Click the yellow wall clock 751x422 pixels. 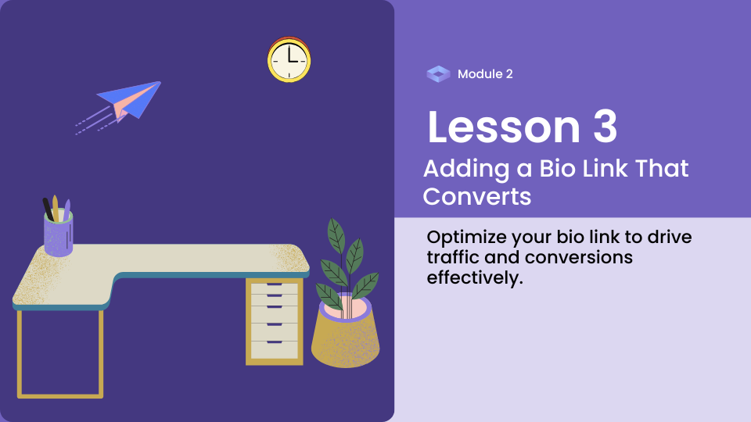pyautogui.click(x=289, y=59)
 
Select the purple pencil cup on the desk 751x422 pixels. pyautogui.click(x=59, y=234)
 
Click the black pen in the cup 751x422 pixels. pyautogui.click(x=48, y=209)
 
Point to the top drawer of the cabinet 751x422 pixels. pyautogui.click(x=275, y=288)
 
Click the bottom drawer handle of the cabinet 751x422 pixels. pyautogui.click(x=275, y=342)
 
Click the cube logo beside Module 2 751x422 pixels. pyautogui.click(x=438, y=74)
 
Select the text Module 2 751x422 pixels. pyautogui.click(x=485, y=74)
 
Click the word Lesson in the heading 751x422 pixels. pyautogui.click(x=503, y=127)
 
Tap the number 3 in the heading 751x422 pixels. pyautogui.click(x=605, y=127)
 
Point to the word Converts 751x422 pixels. pyautogui.click(x=477, y=197)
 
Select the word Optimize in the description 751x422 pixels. pyautogui.click(x=467, y=238)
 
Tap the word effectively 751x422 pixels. pyautogui.click(x=475, y=278)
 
